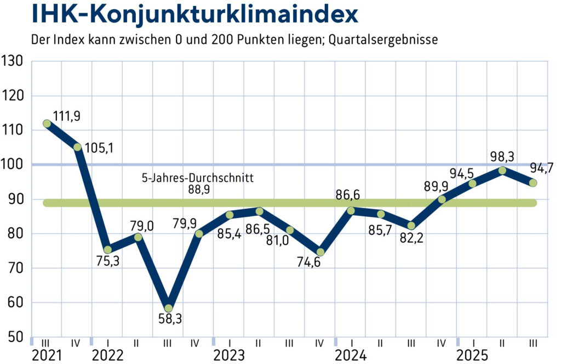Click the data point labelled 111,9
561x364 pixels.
click(47, 124)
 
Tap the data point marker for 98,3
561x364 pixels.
click(502, 170)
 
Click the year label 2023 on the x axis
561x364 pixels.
click(229, 354)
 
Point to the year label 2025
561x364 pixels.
click(473, 354)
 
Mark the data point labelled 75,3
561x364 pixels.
click(107, 249)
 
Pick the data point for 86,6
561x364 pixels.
click(351, 210)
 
